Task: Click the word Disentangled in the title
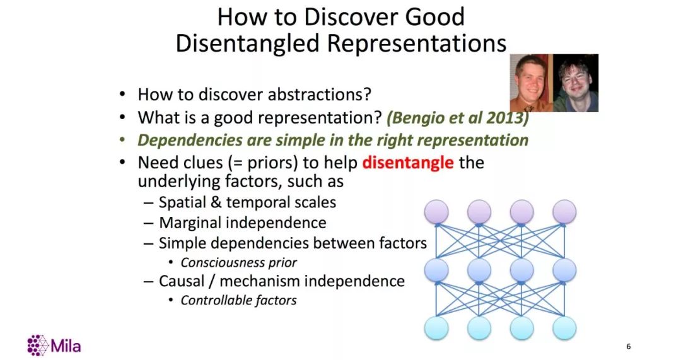[247, 44]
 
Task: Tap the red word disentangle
[408, 163]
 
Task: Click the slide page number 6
[629, 346]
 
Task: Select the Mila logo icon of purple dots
[37, 345]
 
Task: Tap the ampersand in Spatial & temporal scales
[216, 202]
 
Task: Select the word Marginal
[190, 223]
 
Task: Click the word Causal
[181, 281]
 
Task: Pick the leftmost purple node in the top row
[436, 212]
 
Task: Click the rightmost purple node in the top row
[564, 212]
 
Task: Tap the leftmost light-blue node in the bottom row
[436, 328]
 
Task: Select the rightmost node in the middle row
[564, 270]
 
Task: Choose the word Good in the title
[434, 17]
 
